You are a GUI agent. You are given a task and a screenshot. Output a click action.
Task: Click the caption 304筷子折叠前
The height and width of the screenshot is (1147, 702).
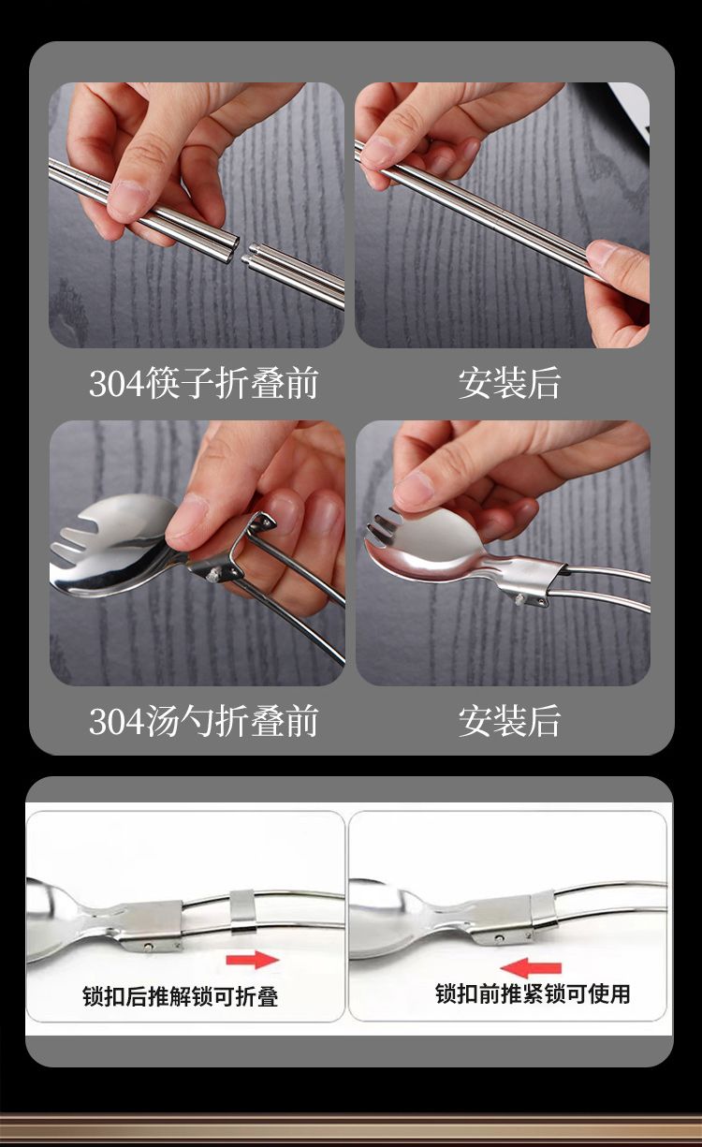[203, 383]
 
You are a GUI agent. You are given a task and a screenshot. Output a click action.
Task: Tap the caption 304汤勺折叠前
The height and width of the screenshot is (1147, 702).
[203, 721]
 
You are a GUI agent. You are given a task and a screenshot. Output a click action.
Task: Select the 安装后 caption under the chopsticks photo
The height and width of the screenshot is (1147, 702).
[509, 383]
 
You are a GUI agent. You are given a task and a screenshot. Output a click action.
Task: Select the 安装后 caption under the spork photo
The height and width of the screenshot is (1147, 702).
[509, 721]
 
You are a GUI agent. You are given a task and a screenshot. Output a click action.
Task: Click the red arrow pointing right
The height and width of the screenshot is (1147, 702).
[253, 960]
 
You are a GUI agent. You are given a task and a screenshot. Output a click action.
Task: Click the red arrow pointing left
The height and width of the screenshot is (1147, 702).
[531, 968]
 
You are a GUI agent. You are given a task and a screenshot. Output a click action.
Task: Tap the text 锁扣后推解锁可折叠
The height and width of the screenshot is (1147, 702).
[181, 996]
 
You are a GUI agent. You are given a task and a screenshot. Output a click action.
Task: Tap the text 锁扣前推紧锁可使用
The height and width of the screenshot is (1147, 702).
[533, 993]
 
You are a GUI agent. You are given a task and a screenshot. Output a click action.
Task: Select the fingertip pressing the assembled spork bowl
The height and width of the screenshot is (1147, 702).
[416, 492]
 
